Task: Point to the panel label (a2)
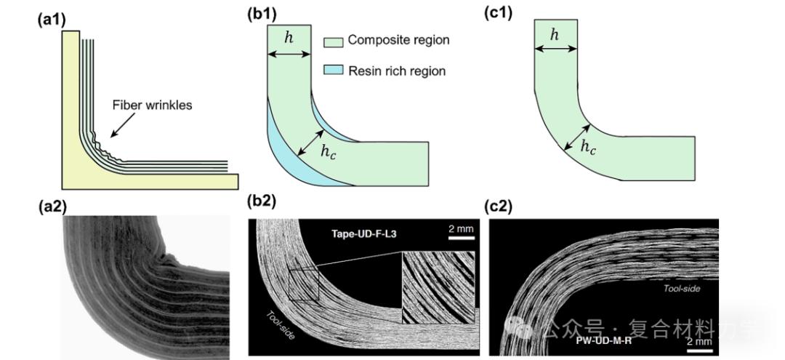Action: click(52, 206)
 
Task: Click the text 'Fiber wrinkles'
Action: click(153, 105)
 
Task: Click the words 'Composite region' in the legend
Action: click(398, 41)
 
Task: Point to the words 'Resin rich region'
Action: click(397, 71)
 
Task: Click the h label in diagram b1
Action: click(289, 37)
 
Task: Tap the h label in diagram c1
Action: click(555, 33)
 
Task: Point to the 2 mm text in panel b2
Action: click(460, 229)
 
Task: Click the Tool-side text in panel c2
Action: click(681, 289)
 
